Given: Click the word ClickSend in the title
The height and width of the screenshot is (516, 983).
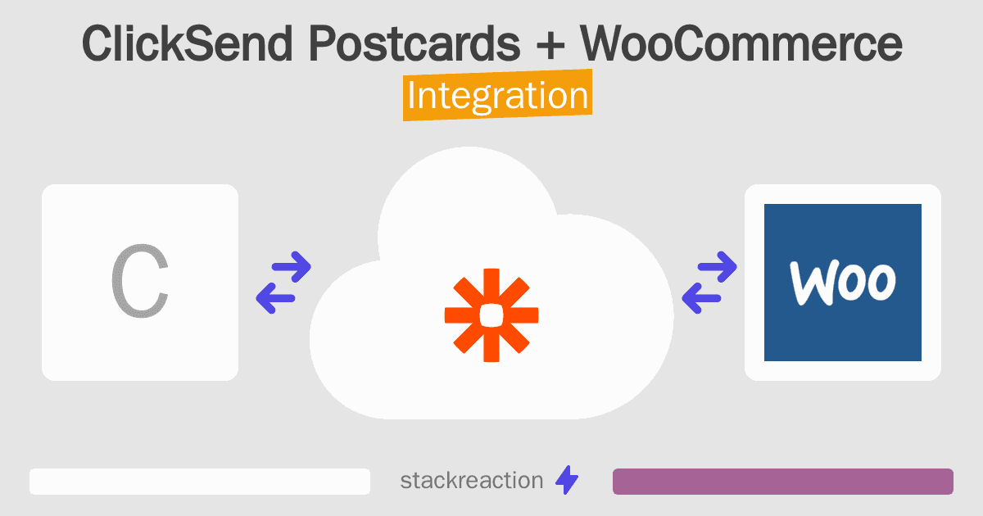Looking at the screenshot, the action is [187, 43].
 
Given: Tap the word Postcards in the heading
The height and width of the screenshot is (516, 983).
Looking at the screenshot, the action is [414, 43].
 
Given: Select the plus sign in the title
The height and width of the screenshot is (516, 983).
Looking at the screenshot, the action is [550, 45].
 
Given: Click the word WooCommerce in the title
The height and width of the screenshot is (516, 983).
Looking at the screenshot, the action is [741, 43].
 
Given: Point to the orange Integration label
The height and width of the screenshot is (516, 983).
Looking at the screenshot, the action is [498, 95].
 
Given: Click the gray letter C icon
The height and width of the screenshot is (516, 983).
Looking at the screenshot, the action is [140, 281].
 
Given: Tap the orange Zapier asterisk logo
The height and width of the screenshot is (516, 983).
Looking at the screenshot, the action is [491, 315].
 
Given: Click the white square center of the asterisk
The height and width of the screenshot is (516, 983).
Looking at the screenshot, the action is [491, 315].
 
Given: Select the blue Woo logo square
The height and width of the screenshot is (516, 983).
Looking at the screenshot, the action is [843, 283].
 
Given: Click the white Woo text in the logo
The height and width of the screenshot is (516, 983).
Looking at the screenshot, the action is [843, 283].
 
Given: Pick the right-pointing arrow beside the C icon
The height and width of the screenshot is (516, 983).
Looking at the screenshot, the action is [292, 266].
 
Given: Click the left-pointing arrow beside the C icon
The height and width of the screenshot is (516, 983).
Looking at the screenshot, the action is [275, 298].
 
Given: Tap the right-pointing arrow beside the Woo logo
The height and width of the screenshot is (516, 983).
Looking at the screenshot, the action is [718, 266].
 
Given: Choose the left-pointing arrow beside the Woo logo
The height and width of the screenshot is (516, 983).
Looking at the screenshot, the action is [701, 298].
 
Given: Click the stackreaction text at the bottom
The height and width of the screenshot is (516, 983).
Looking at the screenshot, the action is [472, 481].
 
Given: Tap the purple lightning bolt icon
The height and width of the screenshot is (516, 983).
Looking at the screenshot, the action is [567, 480].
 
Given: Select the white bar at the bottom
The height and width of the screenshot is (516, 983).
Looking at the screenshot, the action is [200, 482].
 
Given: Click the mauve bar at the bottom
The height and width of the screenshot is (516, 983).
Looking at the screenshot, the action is [783, 482].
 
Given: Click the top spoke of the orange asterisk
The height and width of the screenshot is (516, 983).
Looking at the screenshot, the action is [491, 285].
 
